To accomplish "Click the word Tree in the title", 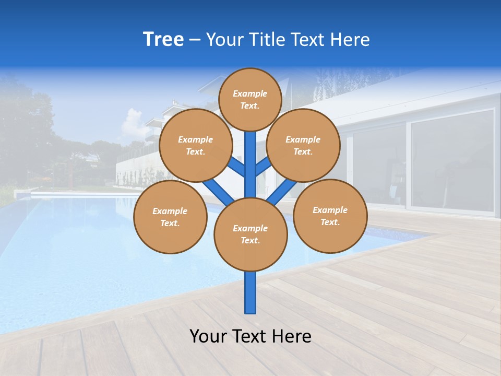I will click(x=163, y=40).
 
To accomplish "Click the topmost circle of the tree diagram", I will click(x=250, y=99).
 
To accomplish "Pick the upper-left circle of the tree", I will click(x=195, y=145).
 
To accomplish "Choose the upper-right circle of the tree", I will click(x=303, y=145).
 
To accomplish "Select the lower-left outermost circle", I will click(x=170, y=217).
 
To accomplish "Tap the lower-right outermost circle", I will click(x=330, y=216).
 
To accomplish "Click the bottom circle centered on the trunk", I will click(x=250, y=234).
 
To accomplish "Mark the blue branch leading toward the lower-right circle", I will click(x=282, y=192).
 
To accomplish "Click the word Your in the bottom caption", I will click(x=209, y=336).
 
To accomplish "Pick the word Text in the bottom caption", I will click(x=250, y=336).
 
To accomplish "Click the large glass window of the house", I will click(x=452, y=160).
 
